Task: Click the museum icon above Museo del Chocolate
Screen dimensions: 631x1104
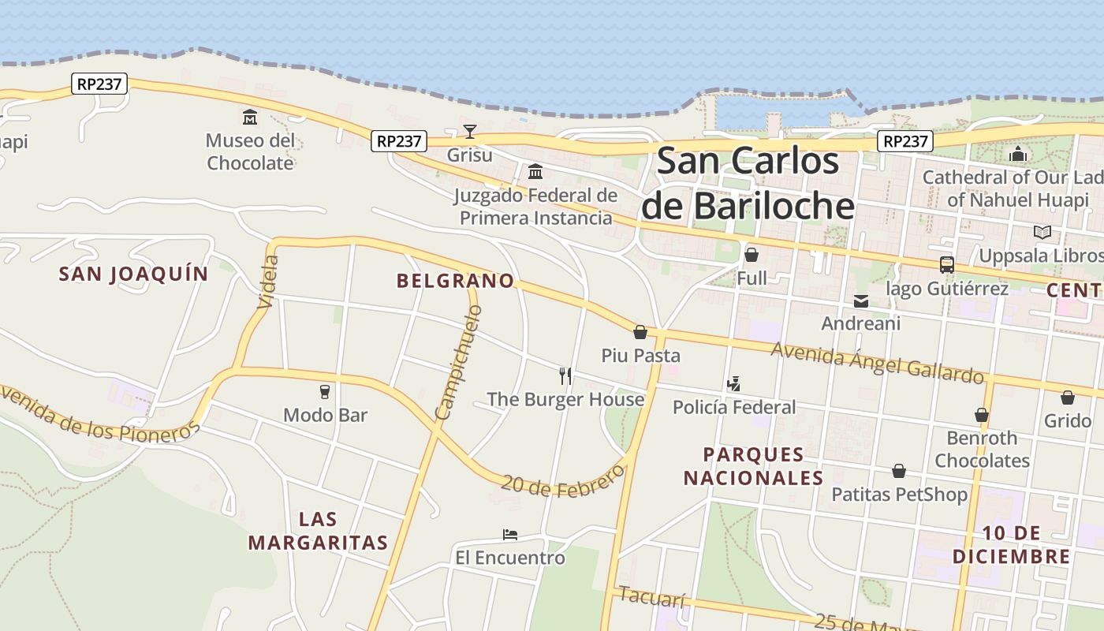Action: (x=250, y=118)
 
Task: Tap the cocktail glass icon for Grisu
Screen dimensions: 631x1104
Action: (x=470, y=131)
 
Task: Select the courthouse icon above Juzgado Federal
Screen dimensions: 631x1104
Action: (x=535, y=171)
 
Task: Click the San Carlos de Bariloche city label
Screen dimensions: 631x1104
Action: (x=747, y=183)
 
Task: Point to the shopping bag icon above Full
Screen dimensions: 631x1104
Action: (x=752, y=255)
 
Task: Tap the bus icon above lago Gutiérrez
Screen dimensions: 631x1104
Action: (x=946, y=265)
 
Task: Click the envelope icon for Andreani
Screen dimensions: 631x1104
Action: (x=860, y=301)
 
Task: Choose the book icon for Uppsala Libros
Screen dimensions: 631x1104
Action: (x=1042, y=232)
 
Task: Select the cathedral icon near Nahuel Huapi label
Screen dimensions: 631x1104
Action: (x=1019, y=153)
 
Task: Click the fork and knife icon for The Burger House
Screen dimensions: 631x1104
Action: (x=565, y=375)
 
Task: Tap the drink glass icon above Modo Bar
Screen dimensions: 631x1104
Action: (x=324, y=391)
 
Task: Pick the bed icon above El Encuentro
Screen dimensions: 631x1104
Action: (x=510, y=535)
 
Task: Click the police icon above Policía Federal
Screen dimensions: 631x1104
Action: (x=733, y=384)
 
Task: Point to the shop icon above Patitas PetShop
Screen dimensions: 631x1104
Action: (x=898, y=471)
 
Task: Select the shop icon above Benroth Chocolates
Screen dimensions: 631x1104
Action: (x=982, y=414)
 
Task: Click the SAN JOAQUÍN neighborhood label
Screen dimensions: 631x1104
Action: (x=134, y=274)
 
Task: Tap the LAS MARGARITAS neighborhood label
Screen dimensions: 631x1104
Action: (x=318, y=531)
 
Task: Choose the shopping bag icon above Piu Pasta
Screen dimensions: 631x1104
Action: (x=640, y=332)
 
